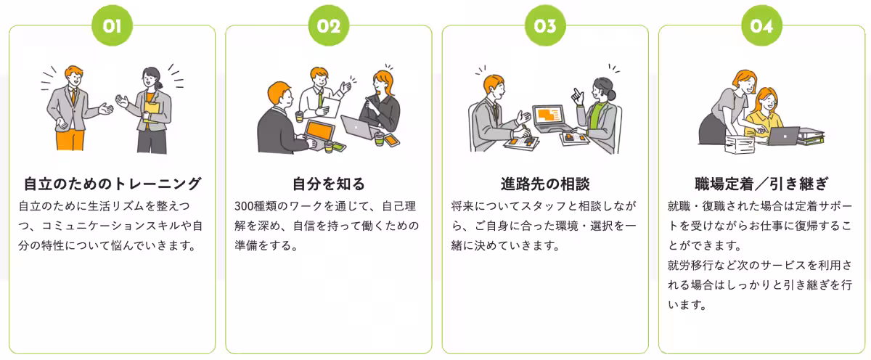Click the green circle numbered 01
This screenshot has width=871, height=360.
(112, 26)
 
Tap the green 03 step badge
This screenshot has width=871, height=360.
(544, 26)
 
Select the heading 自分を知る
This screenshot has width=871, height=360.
(328, 184)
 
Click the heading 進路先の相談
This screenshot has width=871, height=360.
(544, 184)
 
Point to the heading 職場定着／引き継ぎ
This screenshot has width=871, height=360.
(761, 184)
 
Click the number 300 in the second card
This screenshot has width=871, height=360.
(245, 206)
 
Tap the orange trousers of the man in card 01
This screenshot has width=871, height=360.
(70, 138)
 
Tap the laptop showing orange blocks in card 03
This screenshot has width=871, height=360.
(549, 116)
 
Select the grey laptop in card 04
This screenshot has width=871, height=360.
(784, 136)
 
